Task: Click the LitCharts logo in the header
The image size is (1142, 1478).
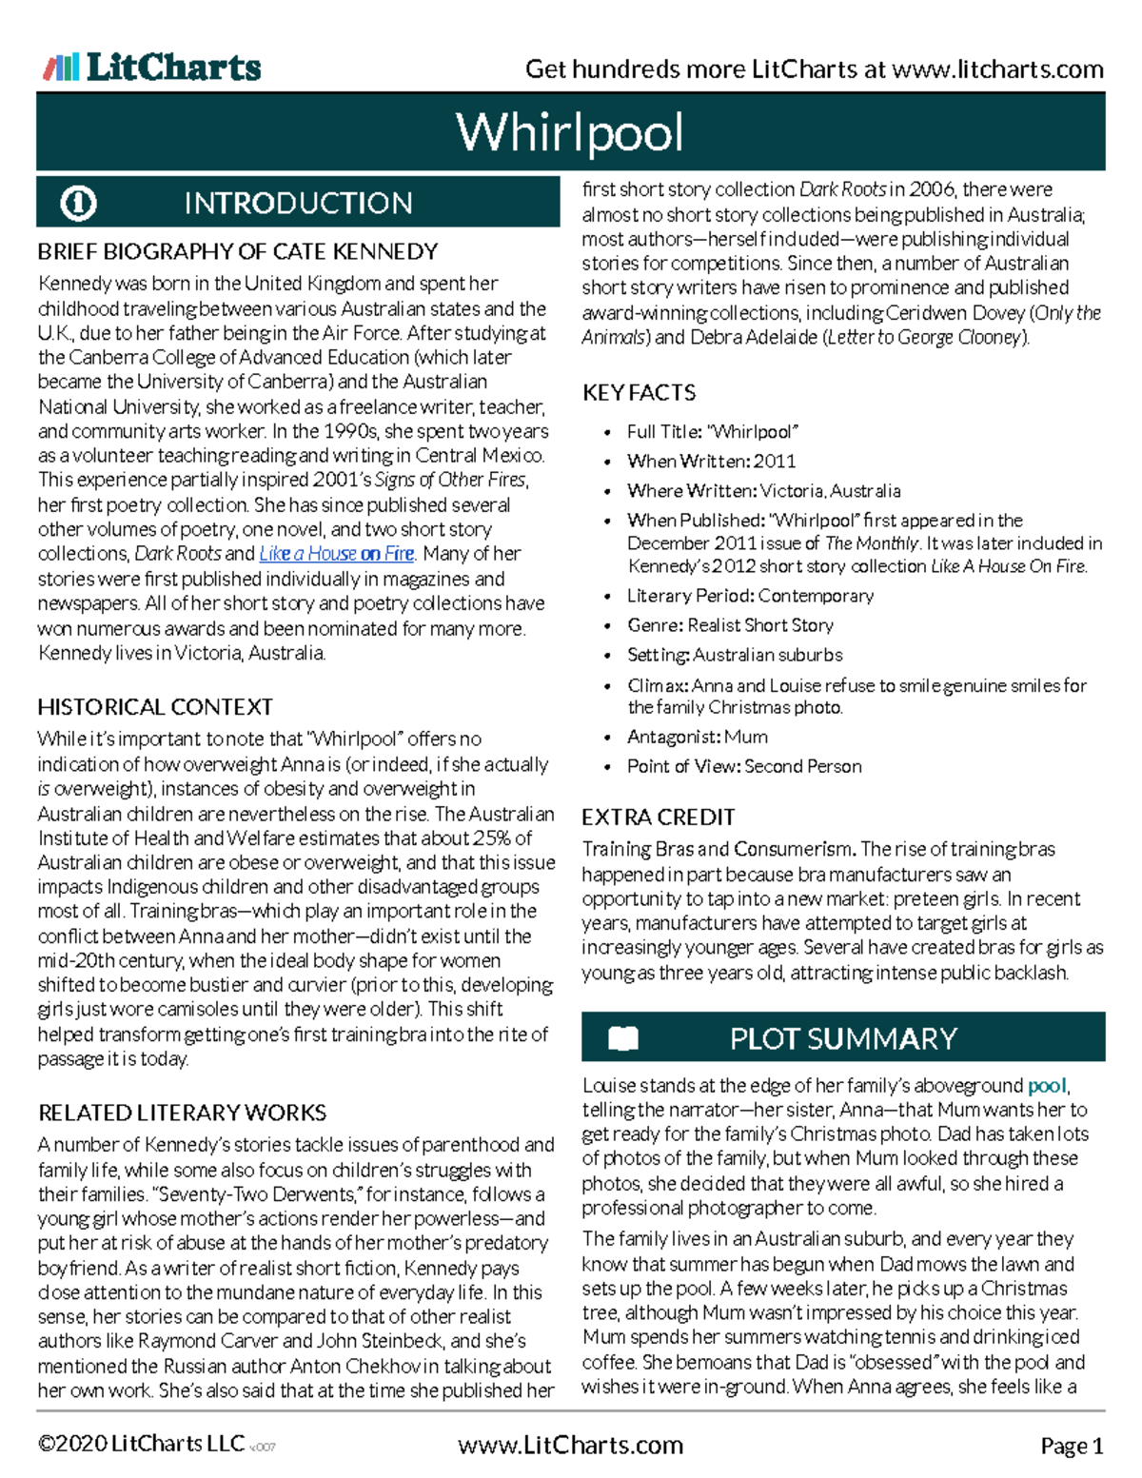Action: tap(152, 67)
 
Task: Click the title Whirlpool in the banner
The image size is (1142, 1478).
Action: tap(569, 132)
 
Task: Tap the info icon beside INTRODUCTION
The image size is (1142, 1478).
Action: tap(78, 203)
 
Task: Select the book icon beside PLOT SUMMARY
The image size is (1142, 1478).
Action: tap(623, 1037)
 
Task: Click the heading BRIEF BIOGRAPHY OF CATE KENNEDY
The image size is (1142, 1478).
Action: tap(238, 252)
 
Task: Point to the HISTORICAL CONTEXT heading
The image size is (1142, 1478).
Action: tap(155, 707)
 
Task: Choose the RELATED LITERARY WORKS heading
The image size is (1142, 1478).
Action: tap(182, 1113)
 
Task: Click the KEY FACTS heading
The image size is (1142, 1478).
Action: tap(639, 392)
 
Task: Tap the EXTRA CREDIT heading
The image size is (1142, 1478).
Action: tap(658, 818)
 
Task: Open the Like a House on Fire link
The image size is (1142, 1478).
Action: tap(337, 554)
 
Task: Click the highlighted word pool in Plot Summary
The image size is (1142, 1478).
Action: tap(1047, 1086)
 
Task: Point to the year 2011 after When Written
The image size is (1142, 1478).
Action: tap(775, 462)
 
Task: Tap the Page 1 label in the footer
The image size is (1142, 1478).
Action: tap(1072, 1447)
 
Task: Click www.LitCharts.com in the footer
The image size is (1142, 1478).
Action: tap(570, 1446)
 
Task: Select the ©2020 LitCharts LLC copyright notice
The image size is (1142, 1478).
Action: tap(141, 1444)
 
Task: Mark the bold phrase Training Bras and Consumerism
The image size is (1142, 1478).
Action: tap(719, 849)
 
